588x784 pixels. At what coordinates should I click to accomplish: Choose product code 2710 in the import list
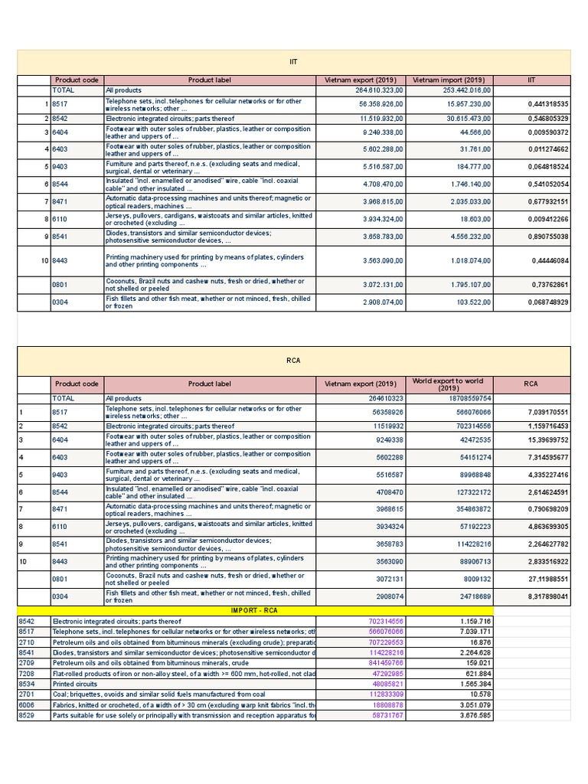tap(27, 642)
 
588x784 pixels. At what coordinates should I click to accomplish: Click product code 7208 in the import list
tap(27, 674)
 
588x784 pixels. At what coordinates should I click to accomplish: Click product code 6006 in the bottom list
tap(27, 704)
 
